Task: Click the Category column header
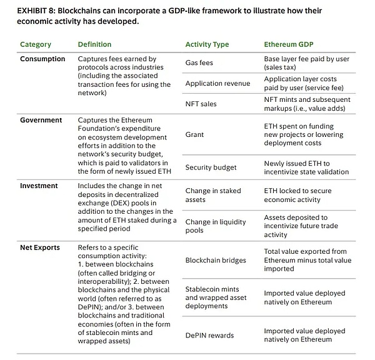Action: [36, 44]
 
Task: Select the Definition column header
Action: [94, 44]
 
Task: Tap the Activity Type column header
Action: [207, 44]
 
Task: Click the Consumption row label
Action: [42, 59]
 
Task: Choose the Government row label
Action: [41, 120]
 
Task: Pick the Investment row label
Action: [39, 186]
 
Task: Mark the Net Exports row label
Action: [40, 247]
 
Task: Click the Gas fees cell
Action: [200, 63]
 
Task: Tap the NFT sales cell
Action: [201, 104]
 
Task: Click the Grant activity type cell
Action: [195, 134]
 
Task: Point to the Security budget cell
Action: [211, 167]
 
